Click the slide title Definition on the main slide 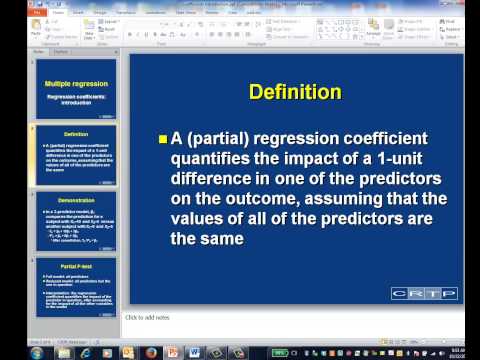tap(295, 92)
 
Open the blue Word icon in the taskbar tap(196, 351)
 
